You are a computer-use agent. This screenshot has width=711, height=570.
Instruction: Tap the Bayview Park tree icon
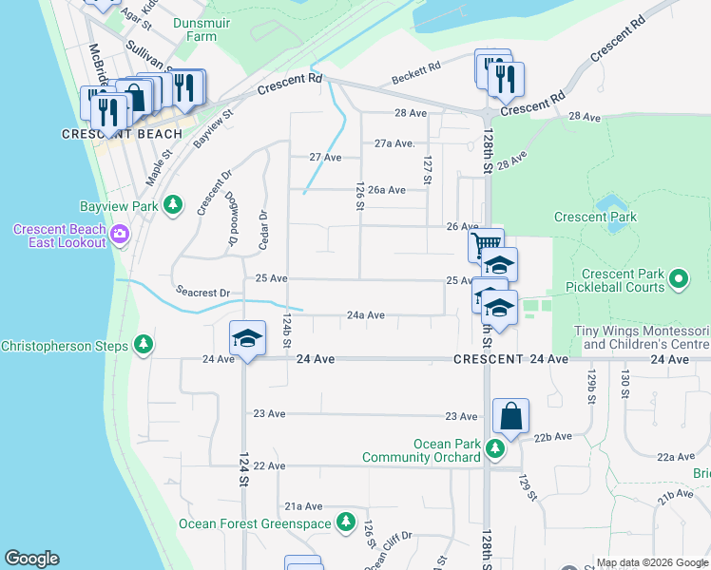[172, 205]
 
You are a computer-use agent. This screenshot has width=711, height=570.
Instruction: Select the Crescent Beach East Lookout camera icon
[120, 234]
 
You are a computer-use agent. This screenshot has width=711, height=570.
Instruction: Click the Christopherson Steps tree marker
[144, 343]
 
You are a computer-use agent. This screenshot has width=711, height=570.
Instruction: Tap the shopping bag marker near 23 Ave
[510, 415]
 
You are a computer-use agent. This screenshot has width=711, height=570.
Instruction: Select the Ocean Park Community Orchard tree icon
[494, 447]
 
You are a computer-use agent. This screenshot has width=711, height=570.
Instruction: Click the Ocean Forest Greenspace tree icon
[346, 522]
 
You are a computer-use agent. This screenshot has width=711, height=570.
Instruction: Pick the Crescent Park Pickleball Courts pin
[677, 279]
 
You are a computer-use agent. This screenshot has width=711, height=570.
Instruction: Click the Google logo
[31, 559]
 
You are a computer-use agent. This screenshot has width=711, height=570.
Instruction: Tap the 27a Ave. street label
[394, 143]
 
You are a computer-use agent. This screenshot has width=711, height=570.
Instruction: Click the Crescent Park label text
[595, 218]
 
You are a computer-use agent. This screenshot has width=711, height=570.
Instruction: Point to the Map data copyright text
[652, 562]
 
